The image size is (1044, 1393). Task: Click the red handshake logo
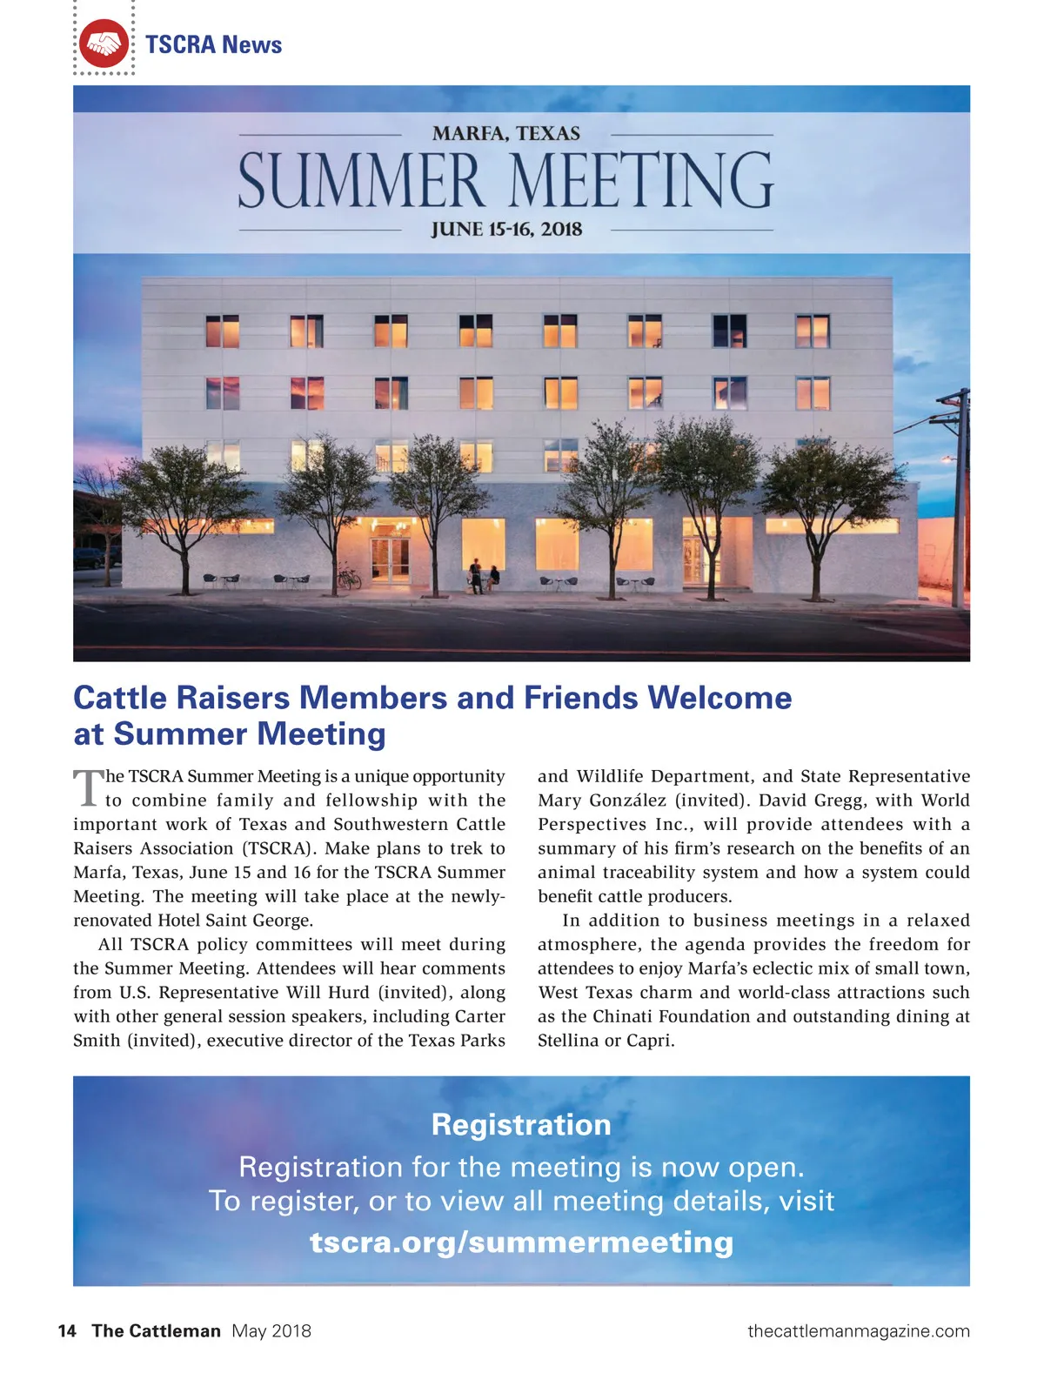coord(104,44)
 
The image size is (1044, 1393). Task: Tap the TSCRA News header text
coord(213,44)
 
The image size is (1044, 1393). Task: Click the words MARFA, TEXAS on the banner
coord(505,133)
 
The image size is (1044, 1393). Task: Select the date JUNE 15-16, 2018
coord(506,230)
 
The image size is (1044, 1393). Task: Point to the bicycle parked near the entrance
coord(349,576)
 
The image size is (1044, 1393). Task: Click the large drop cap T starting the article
coord(88,787)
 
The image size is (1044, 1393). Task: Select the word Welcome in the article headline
coord(719,698)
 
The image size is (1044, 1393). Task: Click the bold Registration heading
coord(521,1124)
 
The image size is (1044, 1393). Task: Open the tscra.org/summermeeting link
coord(521,1242)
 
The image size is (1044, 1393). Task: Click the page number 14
coord(67,1330)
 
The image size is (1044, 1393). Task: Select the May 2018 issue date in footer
coord(271,1330)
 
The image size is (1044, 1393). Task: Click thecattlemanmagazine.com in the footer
coord(858,1330)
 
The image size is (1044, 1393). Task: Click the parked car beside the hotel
coord(94,557)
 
